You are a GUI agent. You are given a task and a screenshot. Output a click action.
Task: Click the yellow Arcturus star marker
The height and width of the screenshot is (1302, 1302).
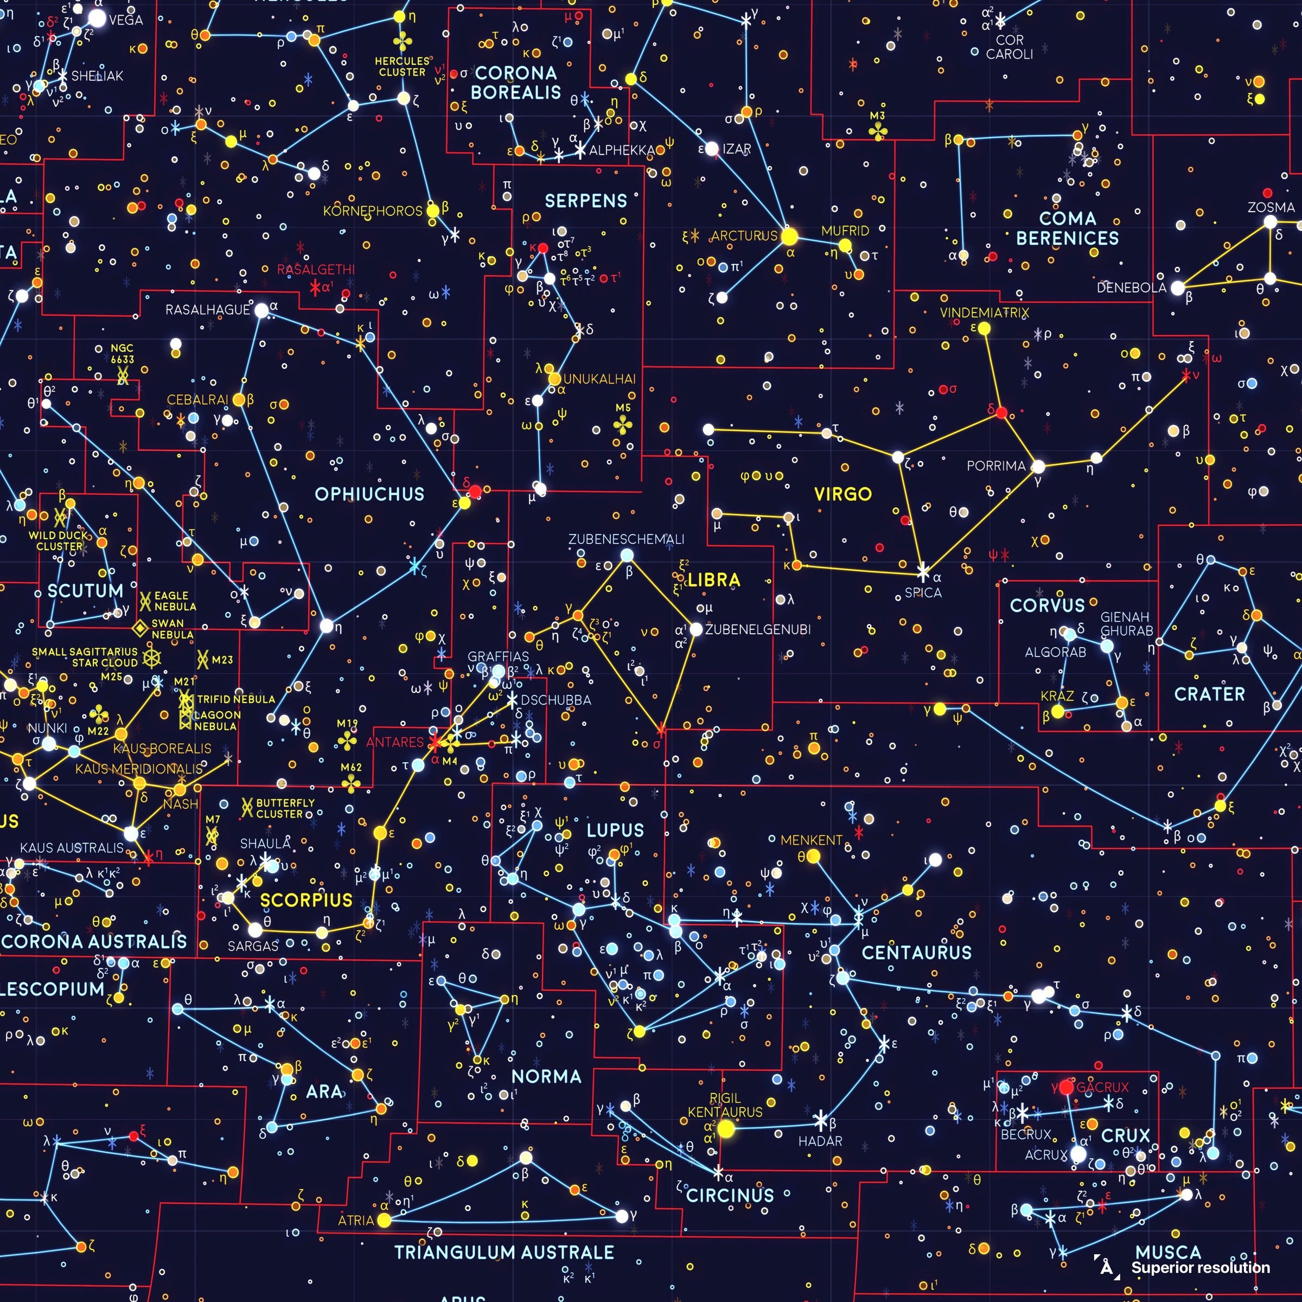pos(789,237)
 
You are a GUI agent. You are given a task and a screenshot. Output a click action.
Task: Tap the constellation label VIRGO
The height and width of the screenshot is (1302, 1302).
pos(843,494)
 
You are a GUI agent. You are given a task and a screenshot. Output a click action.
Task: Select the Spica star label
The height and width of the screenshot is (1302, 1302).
pos(923,593)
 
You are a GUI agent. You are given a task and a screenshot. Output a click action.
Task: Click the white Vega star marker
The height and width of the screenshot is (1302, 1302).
pos(98,18)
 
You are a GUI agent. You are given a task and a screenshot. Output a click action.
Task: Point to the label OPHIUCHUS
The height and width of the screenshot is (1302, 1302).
pos(369,494)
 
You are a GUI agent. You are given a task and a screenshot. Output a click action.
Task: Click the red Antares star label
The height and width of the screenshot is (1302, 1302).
pos(395,742)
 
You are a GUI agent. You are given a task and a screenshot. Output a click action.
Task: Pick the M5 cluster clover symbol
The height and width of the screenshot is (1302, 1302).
pos(623,425)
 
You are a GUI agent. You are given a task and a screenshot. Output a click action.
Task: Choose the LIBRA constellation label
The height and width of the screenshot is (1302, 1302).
pos(714,579)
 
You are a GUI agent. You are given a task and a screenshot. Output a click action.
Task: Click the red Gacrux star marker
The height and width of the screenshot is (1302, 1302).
pos(1066,1087)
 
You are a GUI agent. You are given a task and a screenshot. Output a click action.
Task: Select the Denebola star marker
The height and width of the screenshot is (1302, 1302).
pos(1177,288)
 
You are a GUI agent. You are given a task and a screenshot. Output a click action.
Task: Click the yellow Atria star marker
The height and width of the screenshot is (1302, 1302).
pos(384,1220)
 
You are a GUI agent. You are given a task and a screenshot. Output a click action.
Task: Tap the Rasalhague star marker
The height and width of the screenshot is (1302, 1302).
pos(261,310)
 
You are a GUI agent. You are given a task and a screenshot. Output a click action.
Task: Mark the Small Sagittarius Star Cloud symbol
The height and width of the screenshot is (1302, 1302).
pos(152,658)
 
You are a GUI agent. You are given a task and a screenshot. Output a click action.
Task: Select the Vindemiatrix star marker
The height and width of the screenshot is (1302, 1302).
pos(984,328)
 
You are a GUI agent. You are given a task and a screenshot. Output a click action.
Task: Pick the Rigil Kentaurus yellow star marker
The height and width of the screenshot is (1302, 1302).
pos(726,1129)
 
